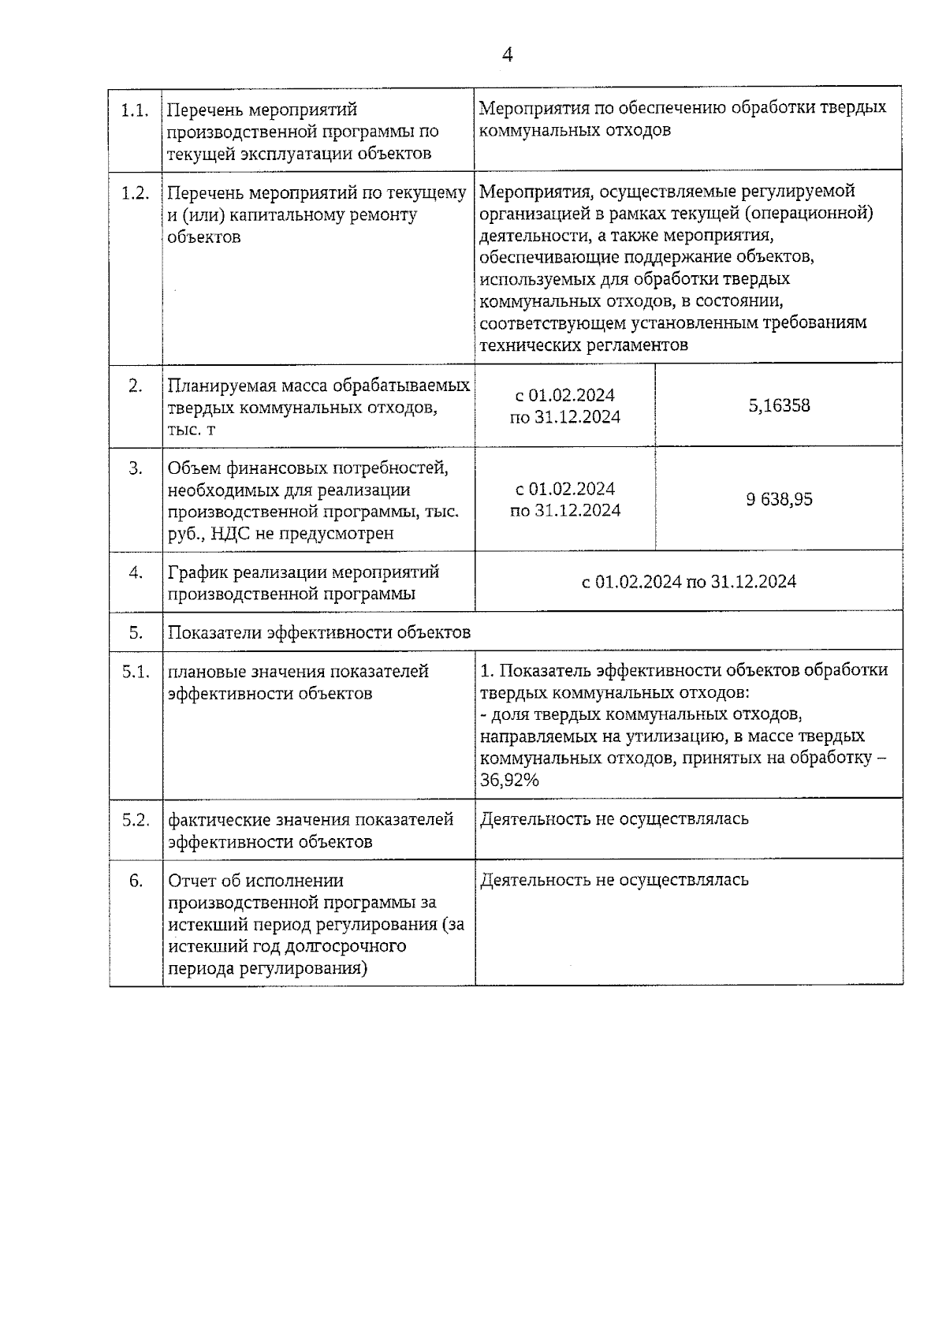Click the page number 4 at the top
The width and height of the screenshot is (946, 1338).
point(507,54)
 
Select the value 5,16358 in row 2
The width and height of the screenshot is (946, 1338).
point(779,406)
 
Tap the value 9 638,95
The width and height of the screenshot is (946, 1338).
point(779,499)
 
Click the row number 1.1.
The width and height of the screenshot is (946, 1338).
point(136,110)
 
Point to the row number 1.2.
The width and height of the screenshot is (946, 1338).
point(136,193)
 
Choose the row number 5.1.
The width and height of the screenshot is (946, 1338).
point(136,672)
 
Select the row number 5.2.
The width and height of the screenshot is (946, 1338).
point(136,820)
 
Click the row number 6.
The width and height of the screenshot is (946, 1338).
point(136,881)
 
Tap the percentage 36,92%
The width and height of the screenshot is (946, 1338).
point(510,781)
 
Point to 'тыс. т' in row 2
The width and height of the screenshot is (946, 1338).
point(191,430)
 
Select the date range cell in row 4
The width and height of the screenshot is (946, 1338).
point(688,582)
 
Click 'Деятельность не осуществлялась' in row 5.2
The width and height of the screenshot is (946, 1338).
point(614,819)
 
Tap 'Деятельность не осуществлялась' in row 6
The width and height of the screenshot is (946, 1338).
point(614,880)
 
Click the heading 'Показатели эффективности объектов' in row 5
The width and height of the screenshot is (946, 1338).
point(319,632)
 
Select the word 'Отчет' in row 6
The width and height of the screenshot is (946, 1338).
point(191,881)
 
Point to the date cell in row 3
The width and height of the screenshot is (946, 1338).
point(565,499)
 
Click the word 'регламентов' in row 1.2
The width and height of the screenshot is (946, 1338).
point(638,345)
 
